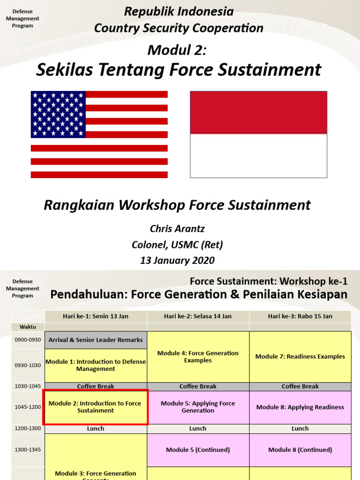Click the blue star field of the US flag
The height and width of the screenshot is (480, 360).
pyautogui.click(x=58, y=114)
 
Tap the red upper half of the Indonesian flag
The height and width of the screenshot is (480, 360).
pyautogui.click(x=258, y=112)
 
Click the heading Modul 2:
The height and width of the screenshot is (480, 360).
pyautogui.click(x=177, y=49)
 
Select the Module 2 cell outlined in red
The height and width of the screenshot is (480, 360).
pyautogui.click(x=96, y=407)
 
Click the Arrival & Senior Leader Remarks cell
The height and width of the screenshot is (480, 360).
pyautogui.click(x=96, y=340)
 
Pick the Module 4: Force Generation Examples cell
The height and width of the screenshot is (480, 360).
pyautogui.click(x=198, y=357)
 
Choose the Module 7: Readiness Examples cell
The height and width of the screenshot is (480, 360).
pyautogui.click(x=300, y=357)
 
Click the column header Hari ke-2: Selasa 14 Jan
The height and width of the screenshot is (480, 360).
pyautogui.click(x=198, y=316)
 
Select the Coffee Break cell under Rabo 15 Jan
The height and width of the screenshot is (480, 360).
pyautogui.click(x=300, y=386)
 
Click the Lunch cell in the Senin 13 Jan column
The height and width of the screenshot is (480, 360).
pyautogui.click(x=96, y=428)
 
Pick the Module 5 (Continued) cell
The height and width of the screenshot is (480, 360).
pyautogui.click(x=198, y=450)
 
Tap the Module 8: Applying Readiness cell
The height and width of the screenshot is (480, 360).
pyautogui.click(x=300, y=407)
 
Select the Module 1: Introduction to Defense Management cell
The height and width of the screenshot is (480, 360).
pyautogui.click(x=96, y=365)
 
